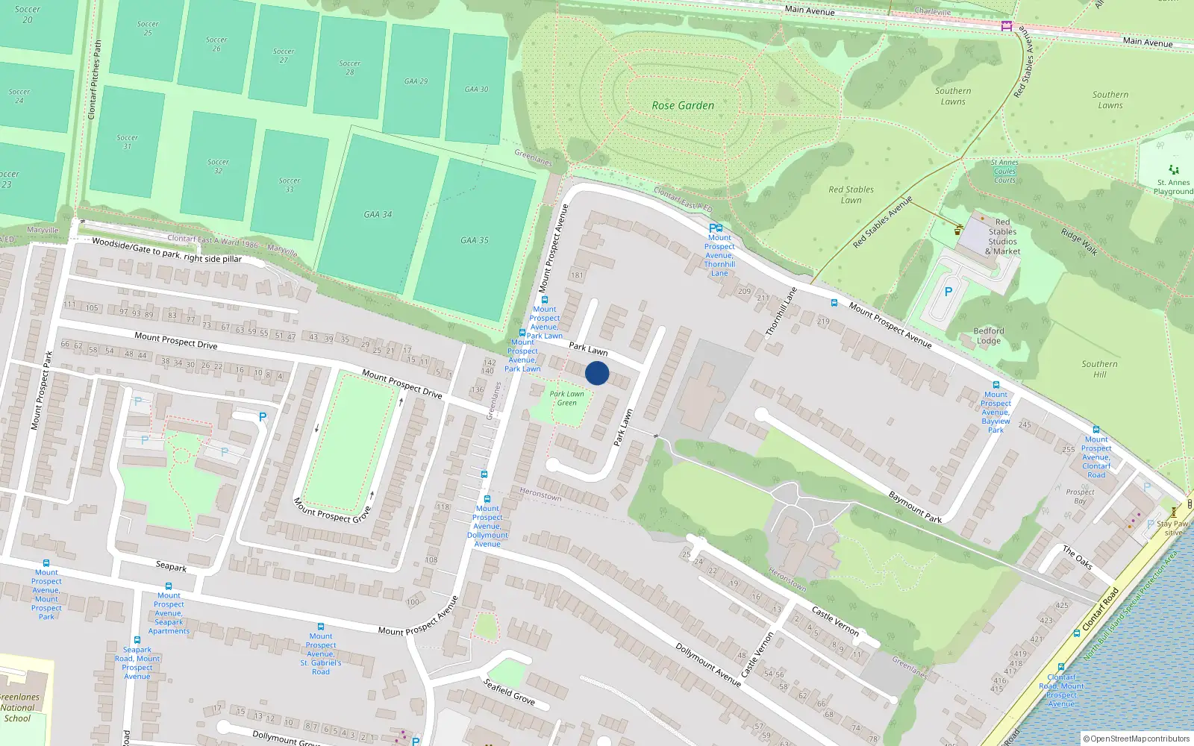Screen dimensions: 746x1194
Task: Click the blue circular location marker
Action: pos(597,373)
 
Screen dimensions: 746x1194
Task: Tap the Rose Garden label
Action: pos(683,106)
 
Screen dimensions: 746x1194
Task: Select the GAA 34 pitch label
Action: pos(378,215)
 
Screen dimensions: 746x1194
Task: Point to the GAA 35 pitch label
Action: pos(475,240)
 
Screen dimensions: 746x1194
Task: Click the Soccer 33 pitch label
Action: pos(290,184)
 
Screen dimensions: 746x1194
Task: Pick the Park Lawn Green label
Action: pos(567,398)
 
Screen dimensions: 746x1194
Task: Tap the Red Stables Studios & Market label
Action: pos(1003,236)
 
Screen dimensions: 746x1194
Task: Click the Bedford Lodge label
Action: pos(989,336)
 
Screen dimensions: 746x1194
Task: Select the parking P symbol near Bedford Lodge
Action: pos(948,292)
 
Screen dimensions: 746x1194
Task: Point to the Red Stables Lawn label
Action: pos(851,195)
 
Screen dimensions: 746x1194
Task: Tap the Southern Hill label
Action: pos(1100,369)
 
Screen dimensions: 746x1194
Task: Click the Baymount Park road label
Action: pos(915,507)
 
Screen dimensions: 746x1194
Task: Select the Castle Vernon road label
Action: pos(835,621)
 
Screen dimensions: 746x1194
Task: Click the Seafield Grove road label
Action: pos(509,692)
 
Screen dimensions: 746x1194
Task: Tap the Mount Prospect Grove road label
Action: pos(332,510)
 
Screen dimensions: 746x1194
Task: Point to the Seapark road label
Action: pos(171,566)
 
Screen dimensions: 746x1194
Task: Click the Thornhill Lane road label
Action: pos(781,311)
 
